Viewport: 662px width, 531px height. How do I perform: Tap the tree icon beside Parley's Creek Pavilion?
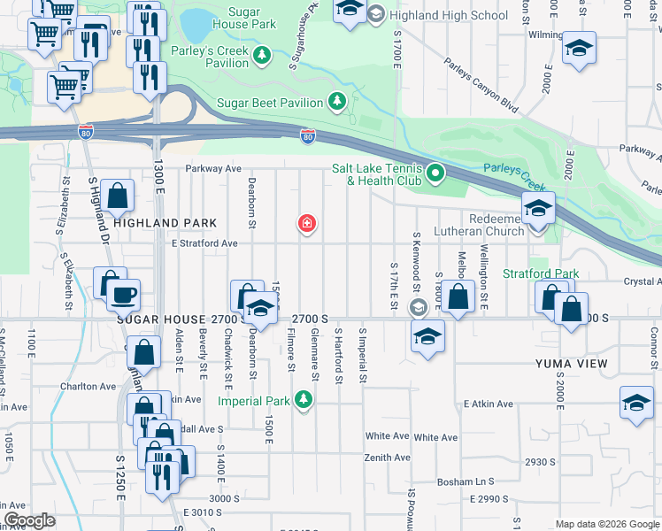click(261, 56)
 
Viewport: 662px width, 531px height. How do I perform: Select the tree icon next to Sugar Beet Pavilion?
click(336, 103)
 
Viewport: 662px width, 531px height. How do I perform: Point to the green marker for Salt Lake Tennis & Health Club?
click(435, 173)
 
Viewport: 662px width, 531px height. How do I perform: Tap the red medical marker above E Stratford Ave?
click(307, 225)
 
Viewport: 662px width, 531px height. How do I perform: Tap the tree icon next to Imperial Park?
click(304, 401)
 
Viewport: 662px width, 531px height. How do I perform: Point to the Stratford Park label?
click(540, 274)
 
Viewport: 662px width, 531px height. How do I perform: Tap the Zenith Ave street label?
click(388, 458)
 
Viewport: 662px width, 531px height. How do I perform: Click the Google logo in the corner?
click(29, 520)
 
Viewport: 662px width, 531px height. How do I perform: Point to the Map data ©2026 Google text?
click(607, 524)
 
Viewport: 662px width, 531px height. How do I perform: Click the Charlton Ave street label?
click(89, 387)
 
